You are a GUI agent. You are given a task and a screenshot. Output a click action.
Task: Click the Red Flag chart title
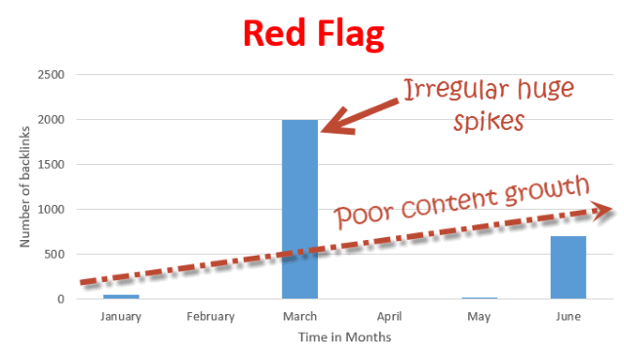[x=313, y=34]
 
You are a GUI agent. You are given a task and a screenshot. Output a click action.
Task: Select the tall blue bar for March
[x=299, y=209]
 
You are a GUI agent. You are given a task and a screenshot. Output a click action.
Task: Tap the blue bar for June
[x=568, y=266]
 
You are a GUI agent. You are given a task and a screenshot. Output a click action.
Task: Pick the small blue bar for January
[x=121, y=296]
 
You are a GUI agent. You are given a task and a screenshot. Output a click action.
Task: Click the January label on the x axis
[x=121, y=316]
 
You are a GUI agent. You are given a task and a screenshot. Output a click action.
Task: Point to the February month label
[x=211, y=316]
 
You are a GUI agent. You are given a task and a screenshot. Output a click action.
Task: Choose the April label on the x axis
[x=389, y=316]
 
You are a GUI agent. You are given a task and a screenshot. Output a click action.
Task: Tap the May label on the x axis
[x=479, y=316]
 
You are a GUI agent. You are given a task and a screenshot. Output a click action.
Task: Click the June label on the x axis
[x=568, y=316]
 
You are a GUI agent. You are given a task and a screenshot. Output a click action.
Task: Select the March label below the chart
[x=299, y=316]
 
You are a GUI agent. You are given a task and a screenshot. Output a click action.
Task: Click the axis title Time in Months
[x=344, y=338]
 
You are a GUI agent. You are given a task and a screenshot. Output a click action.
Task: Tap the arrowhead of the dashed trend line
[x=607, y=207]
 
